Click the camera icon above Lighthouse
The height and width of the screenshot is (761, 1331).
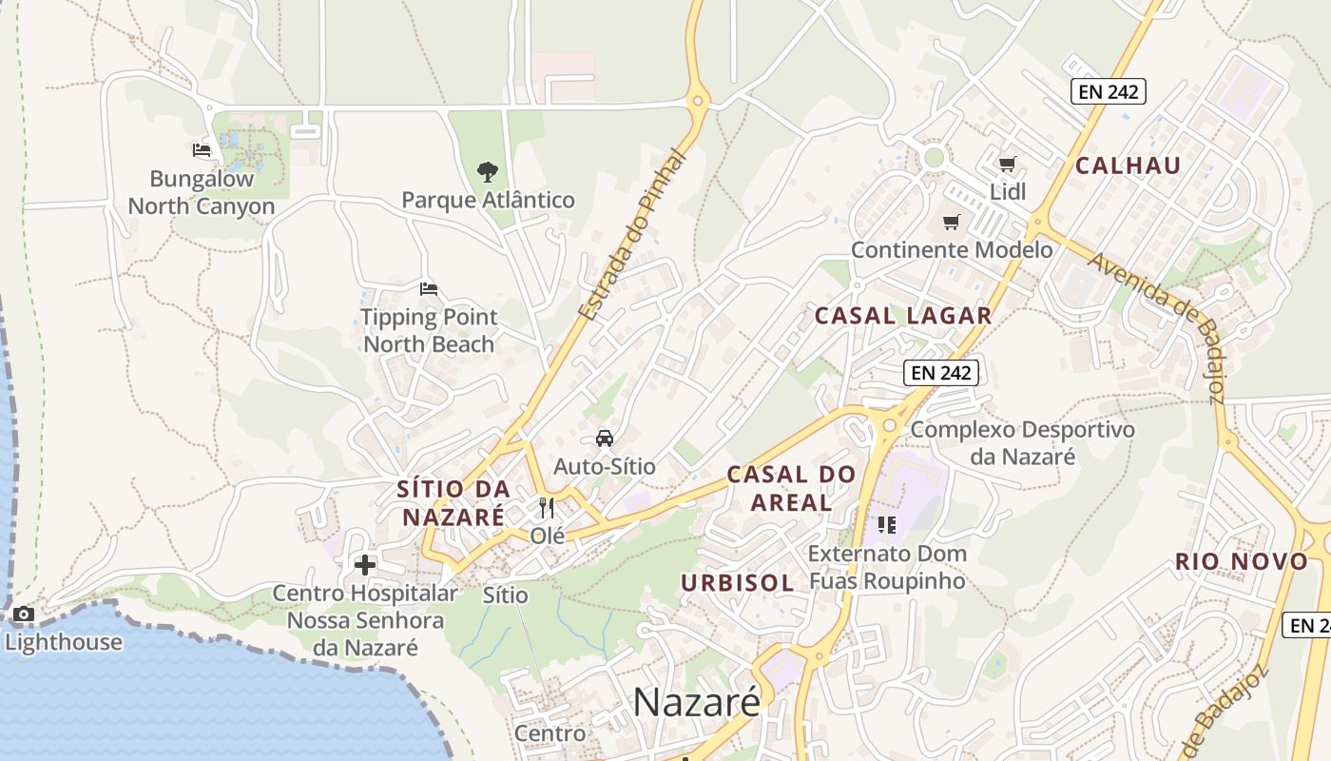[x=24, y=615]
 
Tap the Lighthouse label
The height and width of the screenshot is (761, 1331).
[x=64, y=642]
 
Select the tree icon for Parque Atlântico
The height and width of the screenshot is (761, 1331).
[x=488, y=172]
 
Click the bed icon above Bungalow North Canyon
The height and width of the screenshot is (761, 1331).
[x=201, y=149]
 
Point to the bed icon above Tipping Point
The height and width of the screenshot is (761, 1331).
[x=429, y=288]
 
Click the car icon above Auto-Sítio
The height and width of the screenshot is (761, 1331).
[x=604, y=439]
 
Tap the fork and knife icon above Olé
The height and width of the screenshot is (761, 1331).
[x=547, y=507]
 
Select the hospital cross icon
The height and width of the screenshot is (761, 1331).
[x=365, y=565]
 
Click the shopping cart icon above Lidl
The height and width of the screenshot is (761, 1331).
[x=1008, y=164]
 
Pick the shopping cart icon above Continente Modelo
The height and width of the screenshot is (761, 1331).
[x=951, y=223]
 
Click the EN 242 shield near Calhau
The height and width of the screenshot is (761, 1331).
[x=1109, y=91]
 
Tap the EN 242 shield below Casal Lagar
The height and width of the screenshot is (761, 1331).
[x=941, y=373]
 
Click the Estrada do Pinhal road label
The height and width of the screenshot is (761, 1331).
[x=632, y=234]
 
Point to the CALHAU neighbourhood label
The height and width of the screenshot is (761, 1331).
[x=1128, y=166]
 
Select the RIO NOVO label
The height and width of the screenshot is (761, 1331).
[x=1242, y=561]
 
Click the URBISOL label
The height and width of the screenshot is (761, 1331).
[x=738, y=582]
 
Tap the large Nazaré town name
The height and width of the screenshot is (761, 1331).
[x=697, y=703]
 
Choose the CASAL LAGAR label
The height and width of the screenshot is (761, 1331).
[x=903, y=316]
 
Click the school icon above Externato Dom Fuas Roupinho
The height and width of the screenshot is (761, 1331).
[x=887, y=524]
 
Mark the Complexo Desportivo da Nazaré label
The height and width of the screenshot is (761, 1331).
[x=1023, y=443]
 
